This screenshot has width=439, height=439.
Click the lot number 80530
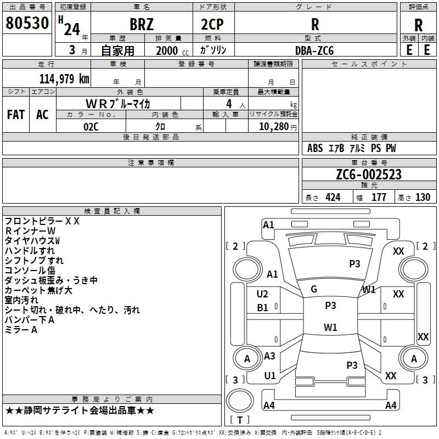tap(27, 23)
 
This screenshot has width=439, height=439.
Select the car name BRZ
tap(142, 24)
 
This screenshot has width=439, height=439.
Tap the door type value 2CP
tap(212, 24)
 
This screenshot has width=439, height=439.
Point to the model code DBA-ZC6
tap(314, 50)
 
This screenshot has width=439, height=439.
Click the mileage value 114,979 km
tap(64, 79)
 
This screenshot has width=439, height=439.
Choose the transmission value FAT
tap(16, 115)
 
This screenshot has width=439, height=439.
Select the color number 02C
tap(91, 127)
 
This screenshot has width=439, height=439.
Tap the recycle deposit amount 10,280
tap(274, 127)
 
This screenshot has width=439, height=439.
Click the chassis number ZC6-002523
tap(369, 175)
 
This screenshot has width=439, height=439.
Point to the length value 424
tap(333, 198)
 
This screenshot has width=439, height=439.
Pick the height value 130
tap(423, 198)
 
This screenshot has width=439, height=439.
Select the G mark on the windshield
tap(314, 289)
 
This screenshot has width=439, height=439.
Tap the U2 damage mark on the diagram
tap(262, 294)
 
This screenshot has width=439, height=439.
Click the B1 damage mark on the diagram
tap(262, 308)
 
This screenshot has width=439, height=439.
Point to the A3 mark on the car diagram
tap(269, 356)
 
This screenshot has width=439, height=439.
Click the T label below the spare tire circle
tap(240, 420)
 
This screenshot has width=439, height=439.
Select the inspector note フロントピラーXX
tap(42, 221)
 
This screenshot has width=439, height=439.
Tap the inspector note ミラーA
tap(21, 330)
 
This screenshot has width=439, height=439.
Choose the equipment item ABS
tap(315, 148)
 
